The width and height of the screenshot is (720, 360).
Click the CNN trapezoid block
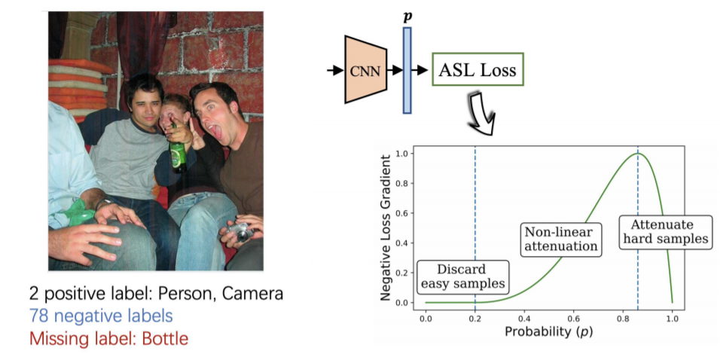(x=366, y=72)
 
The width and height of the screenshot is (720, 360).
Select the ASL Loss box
(x=477, y=72)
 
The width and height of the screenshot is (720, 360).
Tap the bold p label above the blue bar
(x=407, y=15)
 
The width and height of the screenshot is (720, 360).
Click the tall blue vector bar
(x=407, y=71)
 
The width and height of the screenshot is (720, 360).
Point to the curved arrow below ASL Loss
(x=479, y=110)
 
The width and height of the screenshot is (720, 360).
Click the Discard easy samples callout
(x=462, y=276)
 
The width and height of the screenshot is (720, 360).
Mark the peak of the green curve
(x=637, y=154)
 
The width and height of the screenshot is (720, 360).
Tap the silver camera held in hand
(x=239, y=231)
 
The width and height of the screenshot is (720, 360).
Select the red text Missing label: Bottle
(x=108, y=338)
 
